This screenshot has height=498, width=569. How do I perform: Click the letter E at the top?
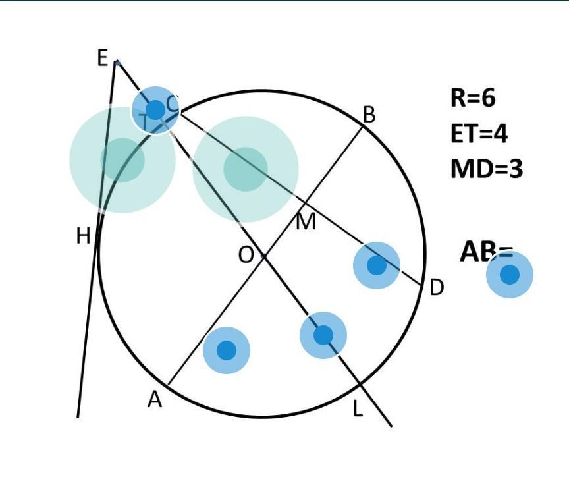[x=102, y=58]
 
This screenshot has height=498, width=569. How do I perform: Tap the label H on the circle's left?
[x=83, y=235]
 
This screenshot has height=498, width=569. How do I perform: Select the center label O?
[x=245, y=254]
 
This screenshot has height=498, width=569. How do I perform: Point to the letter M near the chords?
[x=306, y=222]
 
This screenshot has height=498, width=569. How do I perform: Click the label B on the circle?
[x=369, y=115]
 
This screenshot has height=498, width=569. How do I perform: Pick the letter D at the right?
[x=437, y=288]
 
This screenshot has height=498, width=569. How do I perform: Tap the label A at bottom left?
[x=154, y=399]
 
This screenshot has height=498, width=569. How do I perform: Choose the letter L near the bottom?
[x=358, y=409]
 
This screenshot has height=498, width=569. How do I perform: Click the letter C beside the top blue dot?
[x=172, y=103]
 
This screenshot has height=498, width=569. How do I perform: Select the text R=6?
[x=473, y=98]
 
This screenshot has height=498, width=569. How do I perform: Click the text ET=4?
[x=479, y=134]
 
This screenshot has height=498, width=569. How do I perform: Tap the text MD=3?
[x=486, y=169]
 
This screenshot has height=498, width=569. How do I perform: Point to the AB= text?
[x=485, y=252]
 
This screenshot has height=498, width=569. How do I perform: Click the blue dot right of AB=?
[x=510, y=274]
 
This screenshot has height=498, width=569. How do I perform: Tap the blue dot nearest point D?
[x=377, y=265]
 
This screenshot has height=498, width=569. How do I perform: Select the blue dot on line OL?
[x=323, y=335]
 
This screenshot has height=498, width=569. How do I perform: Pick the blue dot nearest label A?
[x=227, y=350]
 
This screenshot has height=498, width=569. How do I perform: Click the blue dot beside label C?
[x=155, y=110]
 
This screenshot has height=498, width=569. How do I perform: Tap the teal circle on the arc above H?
[x=122, y=160]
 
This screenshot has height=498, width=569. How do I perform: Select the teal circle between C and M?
[x=246, y=169]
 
